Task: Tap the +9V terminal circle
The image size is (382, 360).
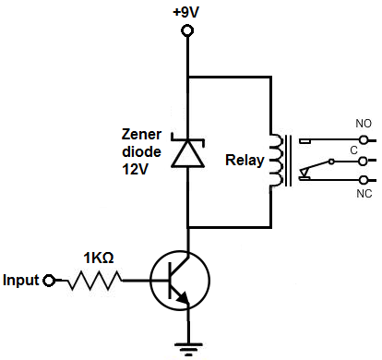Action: coord(187,31)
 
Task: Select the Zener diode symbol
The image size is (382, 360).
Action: coord(188,151)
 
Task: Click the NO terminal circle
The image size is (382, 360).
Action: coord(365,139)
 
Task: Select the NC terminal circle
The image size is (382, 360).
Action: coord(365,179)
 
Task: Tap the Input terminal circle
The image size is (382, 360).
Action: coord(52,279)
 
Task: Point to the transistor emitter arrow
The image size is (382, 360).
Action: coord(183,297)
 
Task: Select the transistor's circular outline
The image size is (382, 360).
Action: coord(181,280)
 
